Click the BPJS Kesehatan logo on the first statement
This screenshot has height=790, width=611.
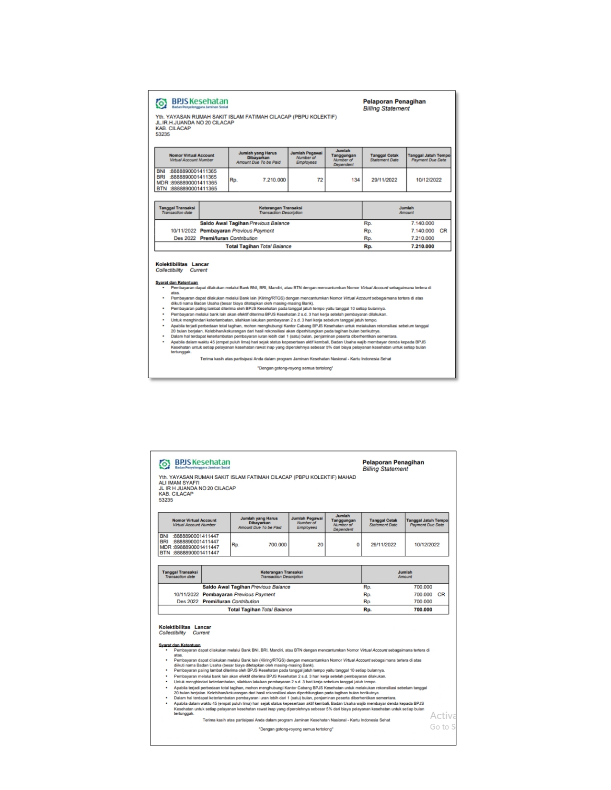point(192,103)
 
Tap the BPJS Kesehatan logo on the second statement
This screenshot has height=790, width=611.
point(195,463)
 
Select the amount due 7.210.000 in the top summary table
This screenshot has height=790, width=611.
point(274,180)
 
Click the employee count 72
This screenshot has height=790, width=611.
point(320,180)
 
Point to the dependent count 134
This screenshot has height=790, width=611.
point(355,180)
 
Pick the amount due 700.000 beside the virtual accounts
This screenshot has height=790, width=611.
point(277,545)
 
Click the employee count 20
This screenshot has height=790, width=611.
point(320,545)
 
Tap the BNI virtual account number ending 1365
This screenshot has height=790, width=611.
point(194,171)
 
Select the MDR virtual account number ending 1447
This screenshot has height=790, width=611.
point(196,547)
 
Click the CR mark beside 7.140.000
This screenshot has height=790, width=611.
point(443,231)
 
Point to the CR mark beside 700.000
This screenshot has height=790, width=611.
point(441,595)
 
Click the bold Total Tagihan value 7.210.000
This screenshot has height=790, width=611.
point(422,247)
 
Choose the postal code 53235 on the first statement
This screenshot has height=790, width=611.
point(162,135)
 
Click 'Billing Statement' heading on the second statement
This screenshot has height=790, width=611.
point(385,469)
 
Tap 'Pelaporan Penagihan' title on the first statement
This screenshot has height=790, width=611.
point(394,102)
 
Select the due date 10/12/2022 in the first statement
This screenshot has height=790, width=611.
point(429,180)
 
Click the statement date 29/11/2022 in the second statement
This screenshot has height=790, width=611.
point(383,545)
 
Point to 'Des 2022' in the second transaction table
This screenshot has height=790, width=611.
point(187,602)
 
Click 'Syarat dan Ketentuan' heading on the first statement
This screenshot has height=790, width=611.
point(176,282)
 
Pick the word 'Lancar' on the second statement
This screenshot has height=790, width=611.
point(203,627)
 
